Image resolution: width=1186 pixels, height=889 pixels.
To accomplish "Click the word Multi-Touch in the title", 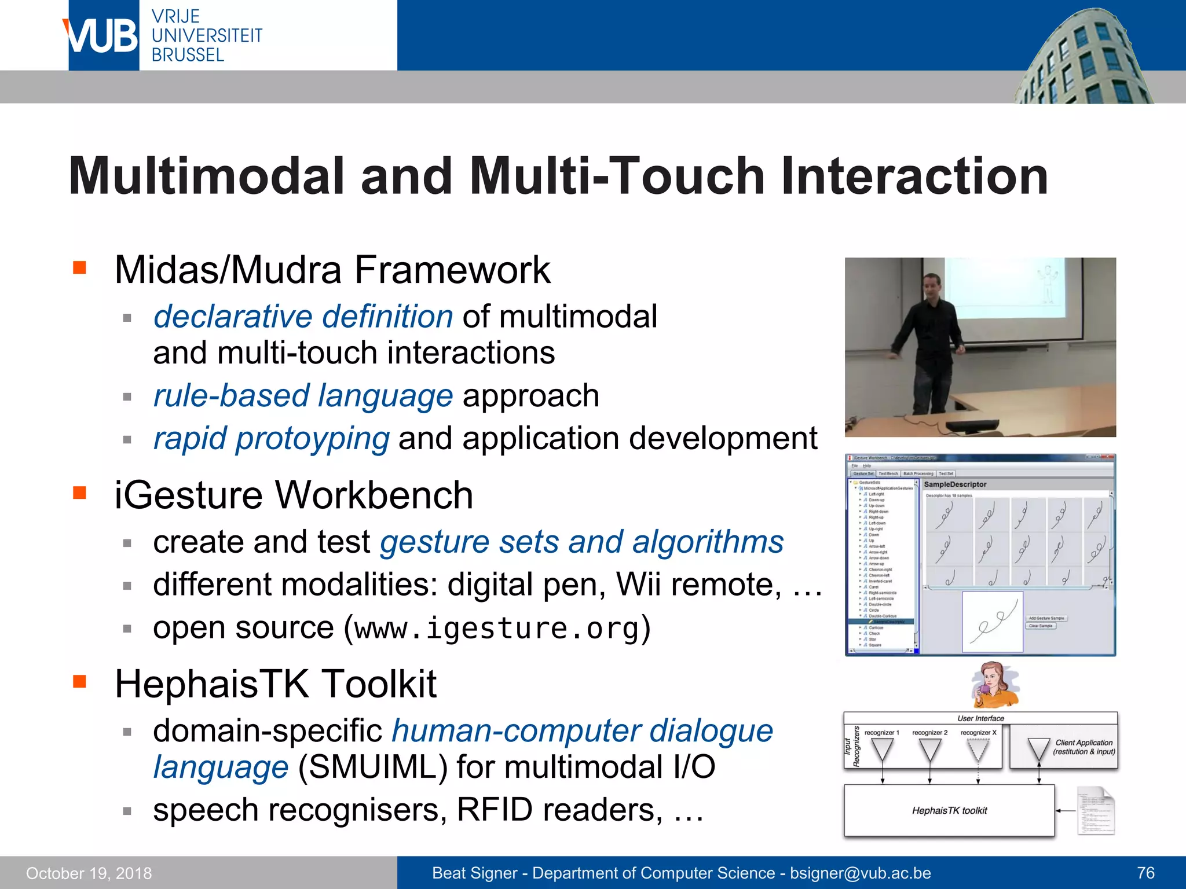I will (x=617, y=176).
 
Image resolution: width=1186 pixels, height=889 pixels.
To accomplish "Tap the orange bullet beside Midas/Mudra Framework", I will (x=79, y=267).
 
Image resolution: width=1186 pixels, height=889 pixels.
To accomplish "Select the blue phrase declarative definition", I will (x=303, y=317).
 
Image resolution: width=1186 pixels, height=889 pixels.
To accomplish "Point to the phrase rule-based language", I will (x=303, y=396).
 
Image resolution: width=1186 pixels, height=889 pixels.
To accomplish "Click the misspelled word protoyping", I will (x=312, y=439).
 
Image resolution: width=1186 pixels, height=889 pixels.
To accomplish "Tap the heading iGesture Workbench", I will (x=294, y=495).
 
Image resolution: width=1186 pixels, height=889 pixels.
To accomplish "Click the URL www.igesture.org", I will (x=497, y=629).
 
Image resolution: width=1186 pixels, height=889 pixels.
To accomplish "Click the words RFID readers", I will (x=559, y=810).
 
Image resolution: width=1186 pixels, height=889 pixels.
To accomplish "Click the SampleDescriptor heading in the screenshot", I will (x=955, y=484).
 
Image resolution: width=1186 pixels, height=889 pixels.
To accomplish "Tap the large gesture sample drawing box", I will (x=993, y=622).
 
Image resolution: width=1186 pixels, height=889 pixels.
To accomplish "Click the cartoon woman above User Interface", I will (x=994, y=685).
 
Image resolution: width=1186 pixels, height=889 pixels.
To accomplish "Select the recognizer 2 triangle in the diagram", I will (x=929, y=750).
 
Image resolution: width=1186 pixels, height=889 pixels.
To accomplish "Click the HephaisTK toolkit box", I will (x=949, y=810).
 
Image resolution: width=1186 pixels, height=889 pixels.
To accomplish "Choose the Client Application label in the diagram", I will (x=1083, y=747).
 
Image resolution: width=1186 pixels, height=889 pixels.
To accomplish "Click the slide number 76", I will (x=1145, y=873).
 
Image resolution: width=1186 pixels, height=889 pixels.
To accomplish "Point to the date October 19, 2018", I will (x=89, y=873).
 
